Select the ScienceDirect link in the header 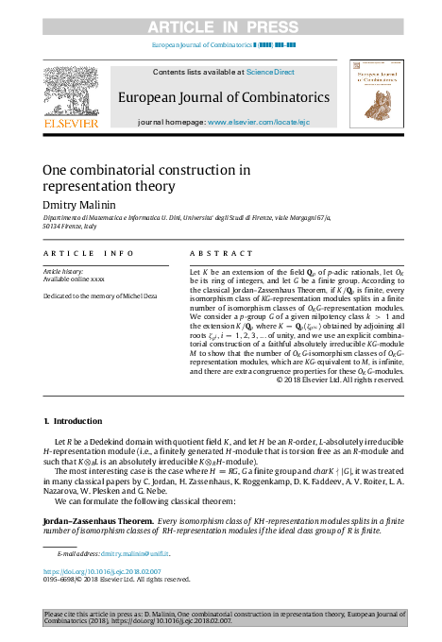click(271, 73)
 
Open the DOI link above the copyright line click(102, 572)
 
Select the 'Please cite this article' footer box click(221, 618)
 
